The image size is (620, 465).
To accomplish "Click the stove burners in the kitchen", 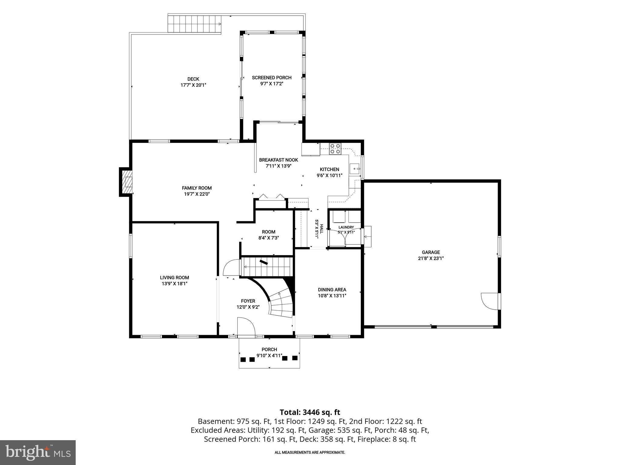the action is [335, 149].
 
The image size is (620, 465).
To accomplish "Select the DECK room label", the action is [193, 79].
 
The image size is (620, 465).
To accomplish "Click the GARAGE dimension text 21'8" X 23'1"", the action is [431, 258].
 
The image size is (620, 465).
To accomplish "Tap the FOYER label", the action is [248, 301].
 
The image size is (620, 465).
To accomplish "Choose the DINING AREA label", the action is [332, 290].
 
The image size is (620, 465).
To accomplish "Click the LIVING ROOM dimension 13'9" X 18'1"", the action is [174, 284].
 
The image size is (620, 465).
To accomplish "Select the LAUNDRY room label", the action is [346, 227].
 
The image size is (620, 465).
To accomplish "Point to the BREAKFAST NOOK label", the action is [279, 160].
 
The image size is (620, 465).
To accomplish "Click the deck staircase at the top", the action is [194, 24].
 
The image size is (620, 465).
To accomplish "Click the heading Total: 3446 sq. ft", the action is [310, 412].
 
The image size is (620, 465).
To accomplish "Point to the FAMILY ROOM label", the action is [196, 188].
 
